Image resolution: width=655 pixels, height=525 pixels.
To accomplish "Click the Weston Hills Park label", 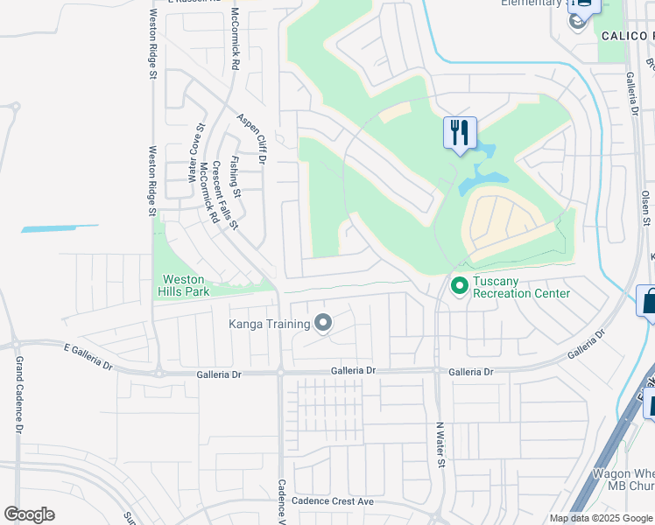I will [x=184, y=285].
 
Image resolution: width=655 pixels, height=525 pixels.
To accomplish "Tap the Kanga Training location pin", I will [x=323, y=324].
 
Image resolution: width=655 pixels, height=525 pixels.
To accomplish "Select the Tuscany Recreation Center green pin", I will [x=458, y=286].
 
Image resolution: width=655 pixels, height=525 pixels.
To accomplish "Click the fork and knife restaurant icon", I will [x=460, y=132].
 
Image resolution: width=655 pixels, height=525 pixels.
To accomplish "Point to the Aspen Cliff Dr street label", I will [x=252, y=137].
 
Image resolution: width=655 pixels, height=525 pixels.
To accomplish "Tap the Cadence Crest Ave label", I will [x=333, y=501].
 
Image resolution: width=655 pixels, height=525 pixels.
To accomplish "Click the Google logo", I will [x=30, y=514].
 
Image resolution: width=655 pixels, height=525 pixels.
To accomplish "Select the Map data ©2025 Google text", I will [x=602, y=518].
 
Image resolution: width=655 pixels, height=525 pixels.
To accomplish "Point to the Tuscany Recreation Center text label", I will [x=521, y=287].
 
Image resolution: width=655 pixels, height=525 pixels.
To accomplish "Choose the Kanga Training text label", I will [x=270, y=325].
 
